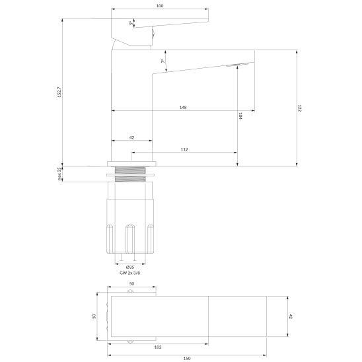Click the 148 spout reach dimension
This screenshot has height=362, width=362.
pos(182,108)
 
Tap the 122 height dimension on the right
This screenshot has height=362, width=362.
pos(299,107)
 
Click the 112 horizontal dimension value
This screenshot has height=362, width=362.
pos(184,150)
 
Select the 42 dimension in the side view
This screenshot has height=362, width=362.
pos(131,137)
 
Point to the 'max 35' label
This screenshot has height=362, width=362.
pos(59,174)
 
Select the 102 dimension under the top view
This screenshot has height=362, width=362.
pos(158,347)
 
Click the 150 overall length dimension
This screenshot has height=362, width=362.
pos(187,357)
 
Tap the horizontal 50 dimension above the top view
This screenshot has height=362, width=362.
pos(132,283)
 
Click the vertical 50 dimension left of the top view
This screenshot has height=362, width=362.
pos(94,316)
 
